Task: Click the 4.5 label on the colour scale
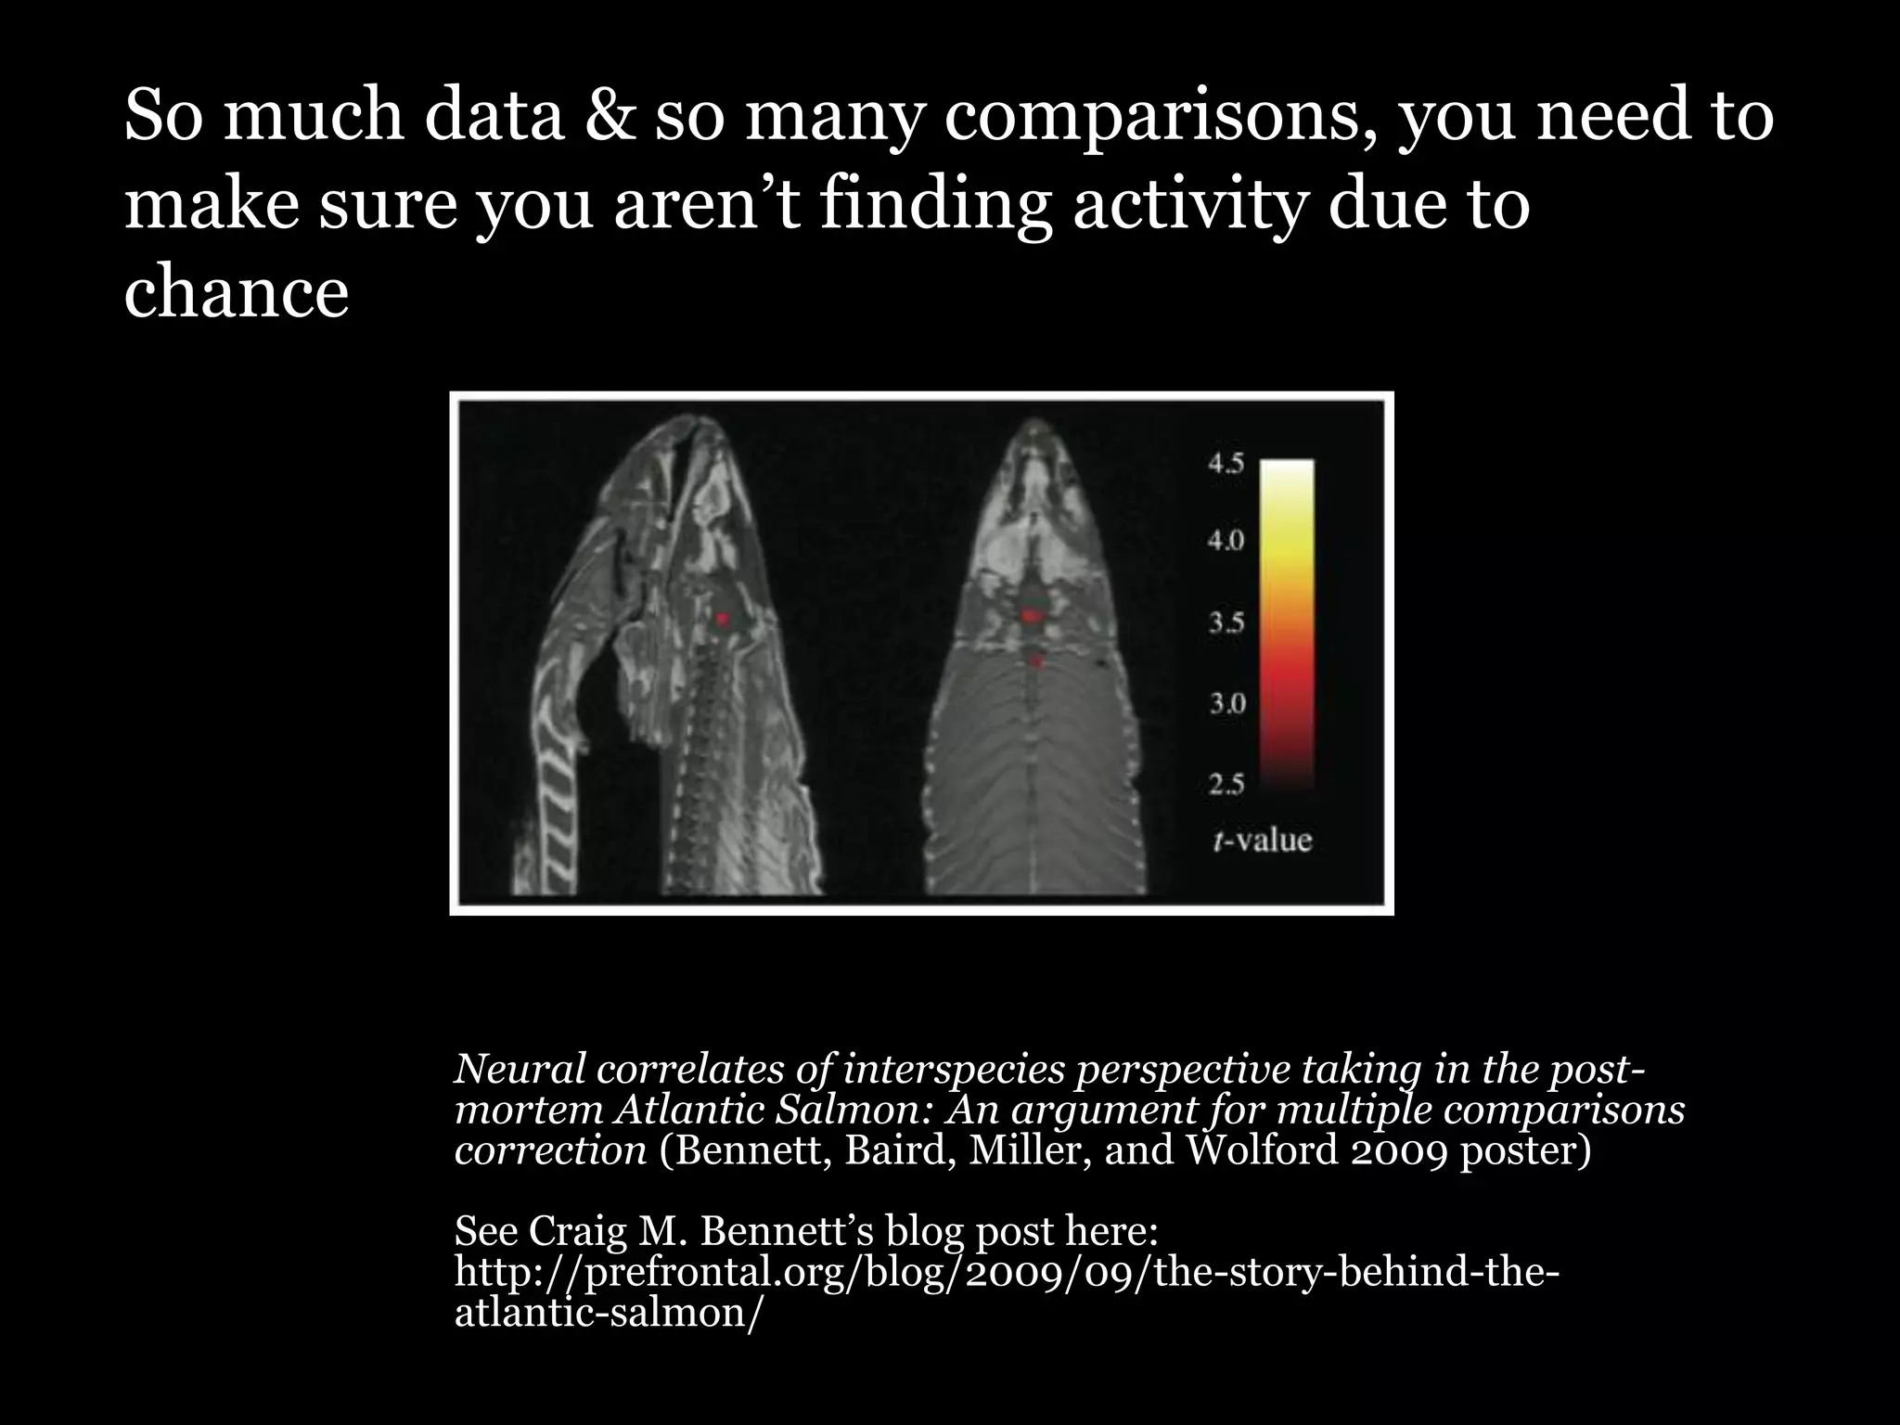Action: point(1226,464)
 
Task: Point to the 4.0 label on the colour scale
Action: point(1226,540)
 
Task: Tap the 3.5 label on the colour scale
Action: point(1226,622)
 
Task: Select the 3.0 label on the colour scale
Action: point(1226,702)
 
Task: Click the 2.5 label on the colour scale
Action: point(1226,785)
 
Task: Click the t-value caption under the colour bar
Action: point(1262,841)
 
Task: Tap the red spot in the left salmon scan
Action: point(723,618)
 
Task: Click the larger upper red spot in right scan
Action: point(1032,615)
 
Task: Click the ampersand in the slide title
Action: point(610,118)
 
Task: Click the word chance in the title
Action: point(236,293)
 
